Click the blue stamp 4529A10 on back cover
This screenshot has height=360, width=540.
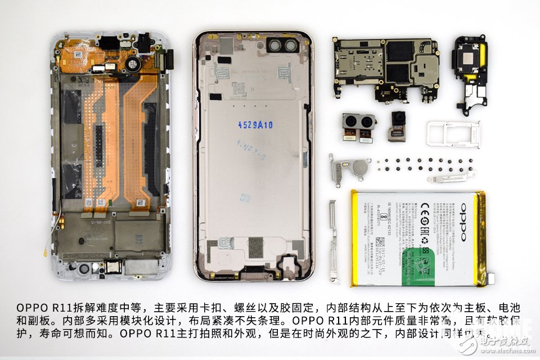(x=255, y=125)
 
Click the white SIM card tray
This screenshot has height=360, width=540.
(x=453, y=133)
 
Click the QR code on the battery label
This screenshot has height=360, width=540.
(x=381, y=242)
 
